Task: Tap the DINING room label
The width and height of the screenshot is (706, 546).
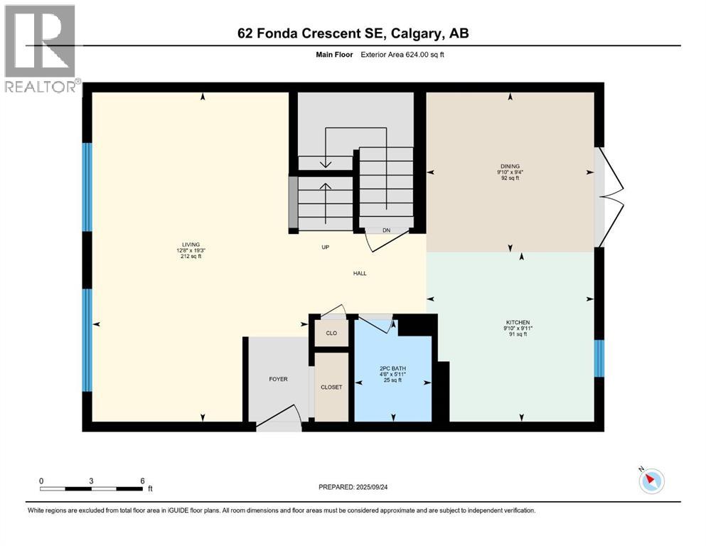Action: click(x=510, y=166)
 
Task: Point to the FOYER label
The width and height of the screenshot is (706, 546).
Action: click(x=279, y=379)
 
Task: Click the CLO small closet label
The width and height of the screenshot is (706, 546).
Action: click(x=331, y=332)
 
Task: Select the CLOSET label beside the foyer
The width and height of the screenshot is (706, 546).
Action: click(x=331, y=387)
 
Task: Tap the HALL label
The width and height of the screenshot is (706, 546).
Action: click(x=360, y=273)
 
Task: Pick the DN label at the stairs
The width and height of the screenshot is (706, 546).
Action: click(x=386, y=230)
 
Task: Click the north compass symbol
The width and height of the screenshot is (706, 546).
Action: click(x=651, y=481)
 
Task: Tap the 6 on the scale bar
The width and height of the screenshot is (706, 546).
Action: click(x=143, y=481)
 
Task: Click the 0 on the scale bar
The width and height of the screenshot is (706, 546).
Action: click(x=41, y=481)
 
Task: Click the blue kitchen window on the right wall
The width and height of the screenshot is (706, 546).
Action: click(x=599, y=358)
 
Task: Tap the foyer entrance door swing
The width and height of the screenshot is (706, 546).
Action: click(x=282, y=419)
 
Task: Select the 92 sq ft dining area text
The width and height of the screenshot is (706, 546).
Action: click(x=510, y=178)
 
